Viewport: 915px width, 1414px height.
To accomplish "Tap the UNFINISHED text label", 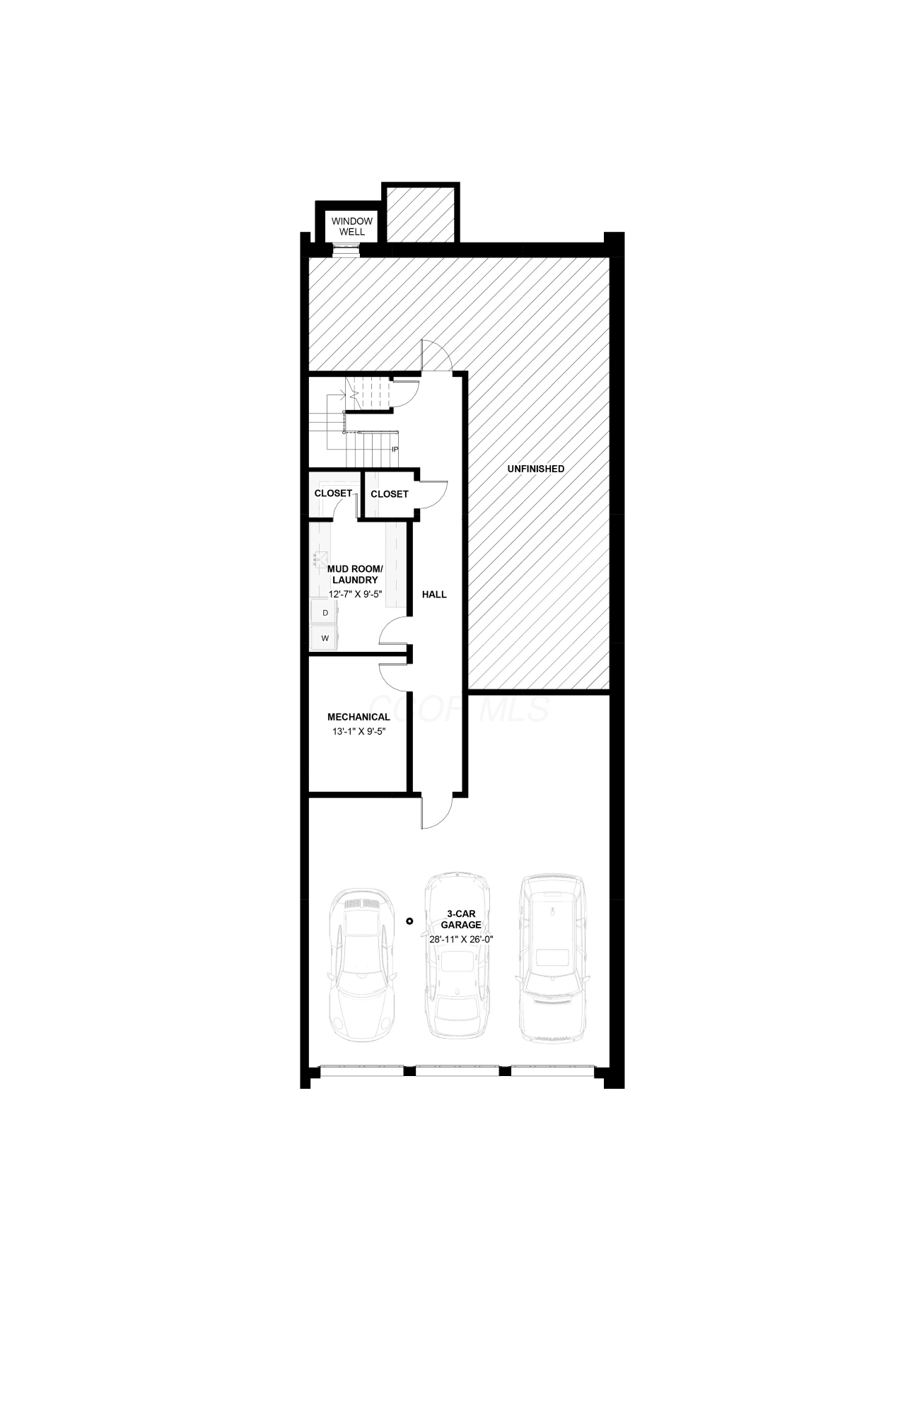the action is click(536, 469).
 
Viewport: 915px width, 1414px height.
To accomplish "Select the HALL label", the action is click(434, 595).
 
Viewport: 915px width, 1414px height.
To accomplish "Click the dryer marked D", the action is click(325, 612).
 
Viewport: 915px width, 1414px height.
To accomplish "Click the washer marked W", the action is click(325, 638).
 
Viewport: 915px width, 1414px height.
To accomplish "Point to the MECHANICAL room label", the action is click(359, 717).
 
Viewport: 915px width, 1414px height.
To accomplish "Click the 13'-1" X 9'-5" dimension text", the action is click(359, 732).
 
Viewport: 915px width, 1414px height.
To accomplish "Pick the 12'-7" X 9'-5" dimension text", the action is click(356, 594).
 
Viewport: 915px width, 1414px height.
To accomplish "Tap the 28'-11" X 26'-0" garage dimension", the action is click(461, 939).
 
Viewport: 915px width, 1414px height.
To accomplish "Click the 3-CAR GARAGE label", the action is click(461, 919).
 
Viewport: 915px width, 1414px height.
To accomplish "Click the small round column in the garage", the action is click(409, 921).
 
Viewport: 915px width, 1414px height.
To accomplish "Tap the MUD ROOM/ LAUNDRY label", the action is click(355, 574).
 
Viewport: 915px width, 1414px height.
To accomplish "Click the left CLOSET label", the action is click(333, 493).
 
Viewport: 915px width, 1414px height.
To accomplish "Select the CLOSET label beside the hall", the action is click(389, 493).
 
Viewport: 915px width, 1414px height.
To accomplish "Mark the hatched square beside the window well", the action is click(421, 212).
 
